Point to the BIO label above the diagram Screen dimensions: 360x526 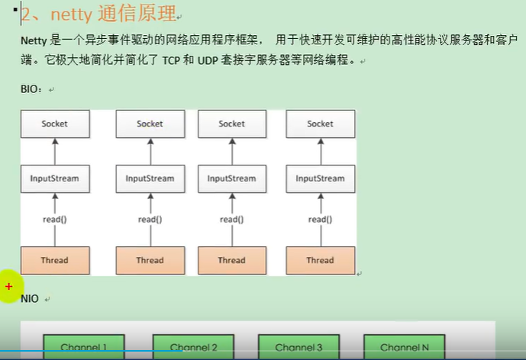(32, 89)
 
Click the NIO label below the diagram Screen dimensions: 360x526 (30, 299)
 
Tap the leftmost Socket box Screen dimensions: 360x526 (54, 123)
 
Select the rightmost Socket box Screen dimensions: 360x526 (320, 123)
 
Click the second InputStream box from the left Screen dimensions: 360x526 (150, 178)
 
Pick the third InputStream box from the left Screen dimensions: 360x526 (231, 178)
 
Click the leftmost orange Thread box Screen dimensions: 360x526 (54, 260)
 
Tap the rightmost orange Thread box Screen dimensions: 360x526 (320, 260)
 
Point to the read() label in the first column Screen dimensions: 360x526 (54, 220)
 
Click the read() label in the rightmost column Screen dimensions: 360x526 (320, 220)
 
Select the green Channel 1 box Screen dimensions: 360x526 (83, 347)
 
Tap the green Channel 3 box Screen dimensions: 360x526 (298, 347)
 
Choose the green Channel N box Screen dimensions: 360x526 (404, 347)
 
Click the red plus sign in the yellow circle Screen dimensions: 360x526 (9, 287)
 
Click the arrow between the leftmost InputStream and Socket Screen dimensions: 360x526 (54, 151)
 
